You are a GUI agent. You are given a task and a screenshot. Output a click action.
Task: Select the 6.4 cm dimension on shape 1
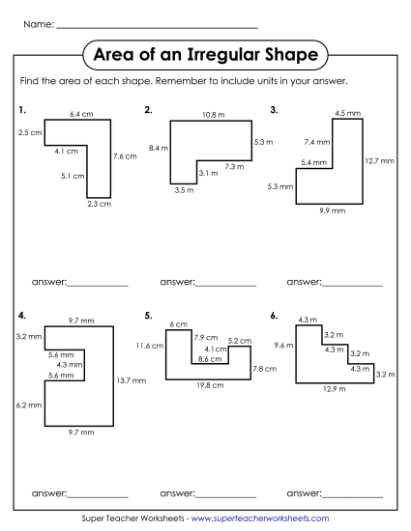(81, 114)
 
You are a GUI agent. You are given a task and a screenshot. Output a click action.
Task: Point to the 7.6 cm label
(125, 155)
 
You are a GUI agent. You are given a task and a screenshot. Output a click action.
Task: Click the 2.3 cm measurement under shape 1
(99, 204)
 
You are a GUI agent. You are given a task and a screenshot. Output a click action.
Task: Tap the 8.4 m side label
(158, 148)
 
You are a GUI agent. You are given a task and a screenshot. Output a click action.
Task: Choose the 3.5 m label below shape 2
(185, 190)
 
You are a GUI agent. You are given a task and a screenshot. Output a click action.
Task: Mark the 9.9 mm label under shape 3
(330, 210)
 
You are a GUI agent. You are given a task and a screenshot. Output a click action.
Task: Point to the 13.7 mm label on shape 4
(131, 380)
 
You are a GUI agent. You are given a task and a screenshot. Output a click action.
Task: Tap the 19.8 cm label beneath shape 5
(210, 385)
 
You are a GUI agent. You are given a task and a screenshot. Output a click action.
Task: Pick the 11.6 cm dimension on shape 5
(150, 345)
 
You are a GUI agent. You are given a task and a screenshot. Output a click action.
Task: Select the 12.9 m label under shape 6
(334, 388)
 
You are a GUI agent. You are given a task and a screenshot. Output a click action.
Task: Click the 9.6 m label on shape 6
(282, 345)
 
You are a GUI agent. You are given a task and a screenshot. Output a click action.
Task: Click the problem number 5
(148, 315)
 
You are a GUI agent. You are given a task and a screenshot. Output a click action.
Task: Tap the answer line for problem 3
(352, 283)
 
